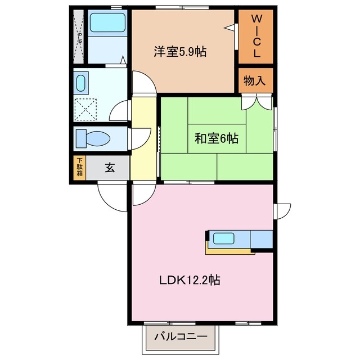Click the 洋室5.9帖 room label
tap(180, 52)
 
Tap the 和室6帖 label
tap(217, 138)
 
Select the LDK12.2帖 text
tap(188, 280)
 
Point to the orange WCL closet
tap(255, 37)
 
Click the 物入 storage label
tap(254, 80)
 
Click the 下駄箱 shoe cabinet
tap(80, 168)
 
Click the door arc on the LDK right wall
tap(282, 210)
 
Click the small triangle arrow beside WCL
tap(229, 26)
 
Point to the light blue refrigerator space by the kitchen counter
tap(261, 240)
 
